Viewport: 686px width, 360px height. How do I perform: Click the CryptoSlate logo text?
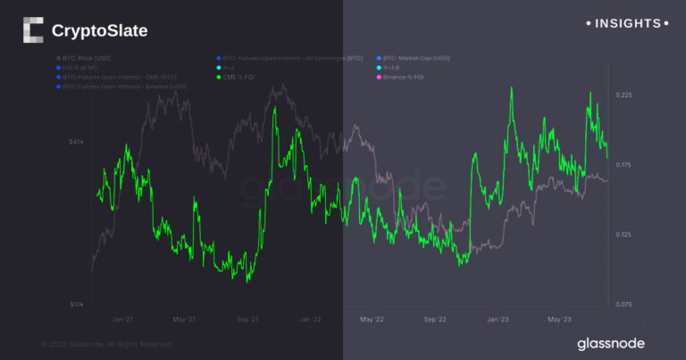99,31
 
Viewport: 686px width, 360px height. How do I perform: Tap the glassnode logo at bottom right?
610,343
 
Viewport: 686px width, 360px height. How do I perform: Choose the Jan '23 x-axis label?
498,319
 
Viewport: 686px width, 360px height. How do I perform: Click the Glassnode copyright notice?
106,344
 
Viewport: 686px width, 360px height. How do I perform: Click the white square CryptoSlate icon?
32,30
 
